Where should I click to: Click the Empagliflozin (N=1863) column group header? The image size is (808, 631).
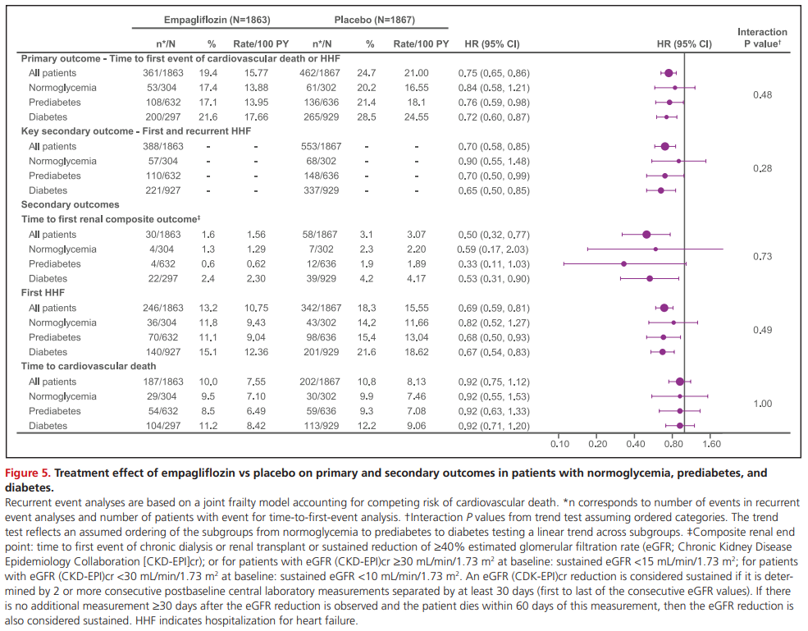click(215, 19)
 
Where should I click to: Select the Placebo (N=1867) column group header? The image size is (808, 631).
click(375, 19)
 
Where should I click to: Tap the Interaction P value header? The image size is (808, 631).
click(762, 38)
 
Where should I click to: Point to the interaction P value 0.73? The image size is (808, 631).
click(762, 257)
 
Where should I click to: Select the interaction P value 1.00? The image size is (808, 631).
click(762, 404)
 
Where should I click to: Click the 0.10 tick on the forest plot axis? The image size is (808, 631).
click(559, 444)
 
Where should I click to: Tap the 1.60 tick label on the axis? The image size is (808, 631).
click(710, 444)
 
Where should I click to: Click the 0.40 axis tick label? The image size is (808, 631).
click(635, 444)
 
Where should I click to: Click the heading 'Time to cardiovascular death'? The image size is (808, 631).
click(87, 367)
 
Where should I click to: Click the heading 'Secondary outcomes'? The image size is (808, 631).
click(70, 204)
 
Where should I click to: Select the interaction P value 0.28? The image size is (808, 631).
click(762, 168)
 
